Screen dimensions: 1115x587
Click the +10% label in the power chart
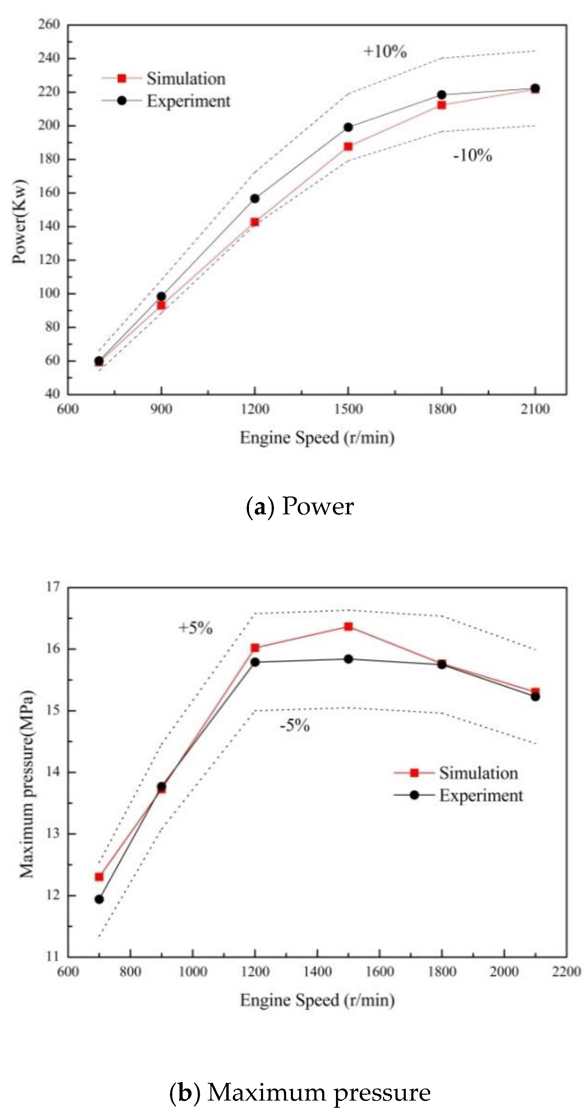385,52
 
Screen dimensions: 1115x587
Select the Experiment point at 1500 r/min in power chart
348,127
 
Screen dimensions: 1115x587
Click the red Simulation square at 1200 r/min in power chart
254,222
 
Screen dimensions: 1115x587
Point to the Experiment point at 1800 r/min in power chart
442,95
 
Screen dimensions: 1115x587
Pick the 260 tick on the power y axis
49,25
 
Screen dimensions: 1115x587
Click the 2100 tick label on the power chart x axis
535,409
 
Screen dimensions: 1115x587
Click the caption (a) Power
300,506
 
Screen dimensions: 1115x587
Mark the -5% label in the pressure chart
294,725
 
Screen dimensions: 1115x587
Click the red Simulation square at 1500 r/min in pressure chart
348,626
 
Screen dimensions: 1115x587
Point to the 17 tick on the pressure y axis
53,587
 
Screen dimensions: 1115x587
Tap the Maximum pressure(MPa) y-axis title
27,784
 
